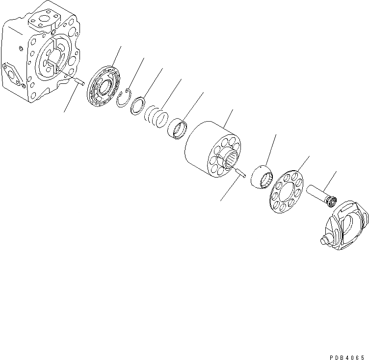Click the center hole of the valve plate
point(104,89)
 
